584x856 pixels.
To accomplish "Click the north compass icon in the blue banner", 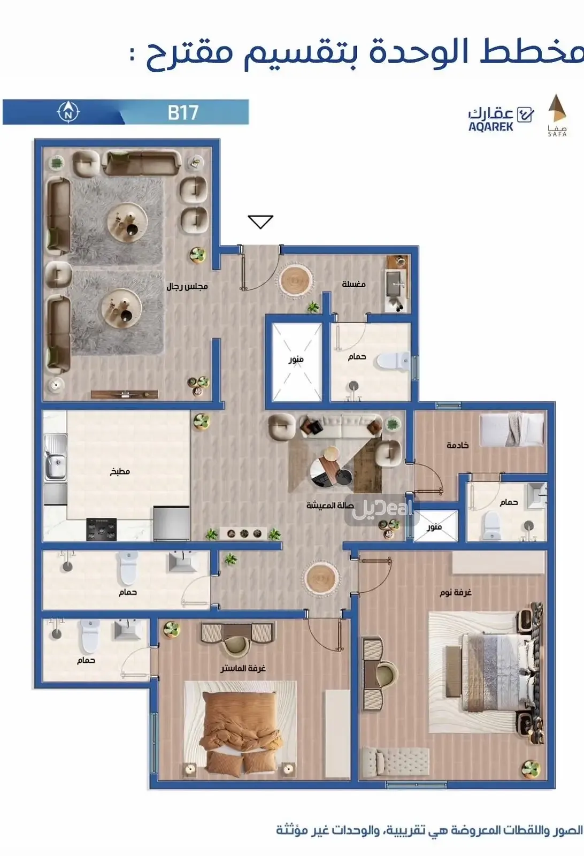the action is pyautogui.click(x=68, y=112).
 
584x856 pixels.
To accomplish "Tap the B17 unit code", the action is pyautogui.click(x=183, y=112).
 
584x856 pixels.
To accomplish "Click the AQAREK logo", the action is pyautogui.click(x=501, y=119).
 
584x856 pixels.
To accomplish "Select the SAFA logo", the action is pyautogui.click(x=557, y=115).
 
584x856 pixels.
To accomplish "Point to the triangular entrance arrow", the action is pyautogui.click(x=260, y=221).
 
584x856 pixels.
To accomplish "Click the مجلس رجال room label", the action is pyautogui.click(x=187, y=286).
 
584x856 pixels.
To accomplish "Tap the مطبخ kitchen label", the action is pyautogui.click(x=120, y=471).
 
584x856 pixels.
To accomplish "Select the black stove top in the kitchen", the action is pyautogui.click(x=102, y=529).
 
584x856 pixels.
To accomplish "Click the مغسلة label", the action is pyautogui.click(x=354, y=284).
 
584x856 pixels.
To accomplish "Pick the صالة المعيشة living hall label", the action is pyautogui.click(x=330, y=505).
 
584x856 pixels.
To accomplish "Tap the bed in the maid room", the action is pyautogui.click(x=512, y=429).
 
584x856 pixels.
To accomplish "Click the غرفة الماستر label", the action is pyautogui.click(x=243, y=668).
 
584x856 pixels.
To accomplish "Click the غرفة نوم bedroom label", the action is pyautogui.click(x=456, y=592).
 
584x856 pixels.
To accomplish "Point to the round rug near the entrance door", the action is pyautogui.click(x=295, y=280).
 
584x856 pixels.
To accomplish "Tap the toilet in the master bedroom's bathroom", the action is pyautogui.click(x=90, y=636).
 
